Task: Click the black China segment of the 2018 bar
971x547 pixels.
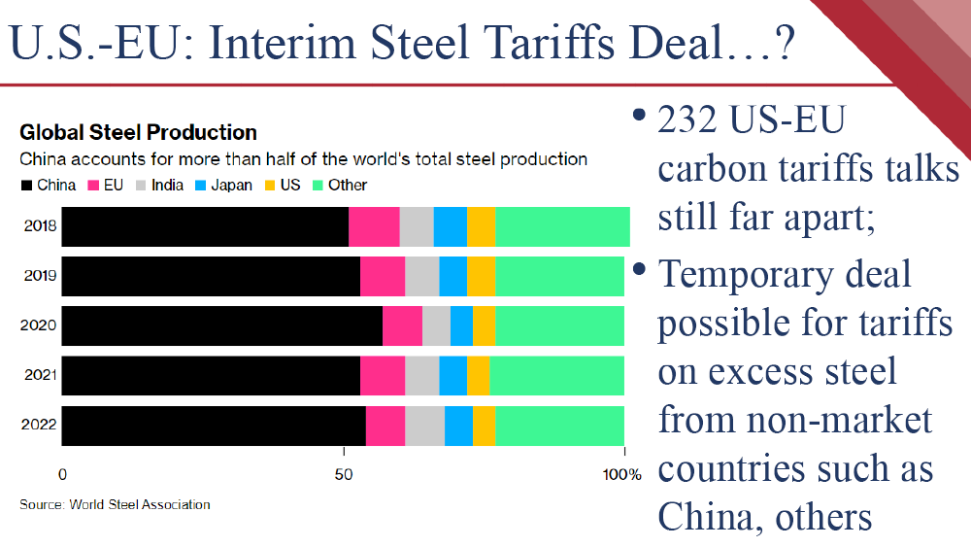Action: pyautogui.click(x=205, y=227)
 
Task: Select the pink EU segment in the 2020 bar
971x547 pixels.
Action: pyautogui.click(x=402, y=325)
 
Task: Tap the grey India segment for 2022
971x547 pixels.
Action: pyautogui.click(x=424, y=426)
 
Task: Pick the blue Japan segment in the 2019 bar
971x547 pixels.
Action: pyautogui.click(x=452, y=277)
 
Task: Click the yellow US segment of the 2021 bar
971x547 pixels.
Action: pyautogui.click(x=478, y=375)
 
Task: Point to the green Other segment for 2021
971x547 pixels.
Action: pyautogui.click(x=556, y=375)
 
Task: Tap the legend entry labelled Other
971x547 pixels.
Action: pyautogui.click(x=339, y=185)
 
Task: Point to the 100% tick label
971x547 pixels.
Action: pyautogui.click(x=621, y=475)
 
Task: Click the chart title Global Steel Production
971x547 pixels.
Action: pyautogui.click(x=138, y=133)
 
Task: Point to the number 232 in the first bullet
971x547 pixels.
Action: pyautogui.click(x=692, y=120)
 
